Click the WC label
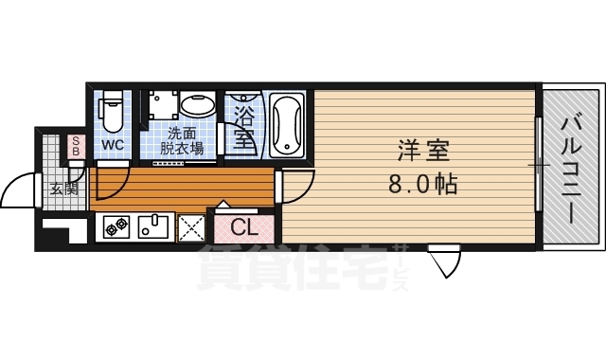pyautogui.click(x=113, y=145)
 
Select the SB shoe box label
pyautogui.click(x=76, y=146)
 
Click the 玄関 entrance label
pyautogui.click(x=64, y=189)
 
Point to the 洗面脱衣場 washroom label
pyautogui.click(x=182, y=141)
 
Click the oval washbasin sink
pyautogui.click(x=197, y=104)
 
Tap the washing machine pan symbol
pyautogui.click(x=162, y=105)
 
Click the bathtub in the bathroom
pyautogui.click(x=287, y=124)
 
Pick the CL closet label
pyautogui.click(x=244, y=228)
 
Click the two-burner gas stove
pyautogui.click(x=116, y=227)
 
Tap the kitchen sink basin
pyautogui.click(x=153, y=227)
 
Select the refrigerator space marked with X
pyautogui.click(x=191, y=228)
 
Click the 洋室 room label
pyautogui.click(x=423, y=151)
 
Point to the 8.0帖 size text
pyautogui.click(x=423, y=184)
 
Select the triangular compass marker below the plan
pyautogui.click(x=444, y=261)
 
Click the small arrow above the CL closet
pyautogui.click(x=223, y=205)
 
